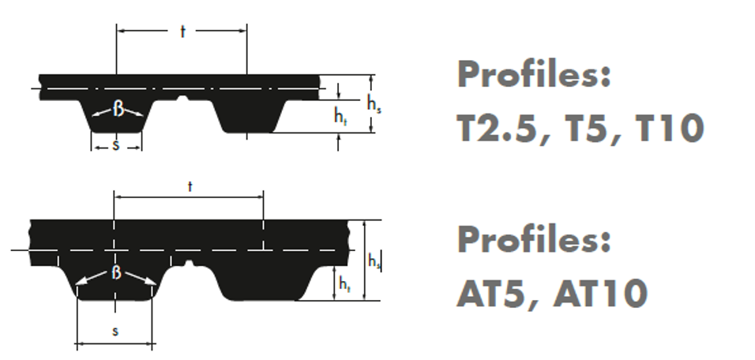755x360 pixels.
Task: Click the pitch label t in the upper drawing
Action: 182,32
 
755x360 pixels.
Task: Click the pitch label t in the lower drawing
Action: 190,187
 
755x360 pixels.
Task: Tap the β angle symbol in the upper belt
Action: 118,109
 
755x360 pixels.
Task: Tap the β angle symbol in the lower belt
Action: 117,272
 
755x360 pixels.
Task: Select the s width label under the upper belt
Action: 115,144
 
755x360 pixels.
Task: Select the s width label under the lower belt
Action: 115,331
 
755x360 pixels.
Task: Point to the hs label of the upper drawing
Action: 374,104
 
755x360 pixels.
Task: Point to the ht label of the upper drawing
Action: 340,117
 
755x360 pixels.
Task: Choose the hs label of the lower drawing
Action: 374,261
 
